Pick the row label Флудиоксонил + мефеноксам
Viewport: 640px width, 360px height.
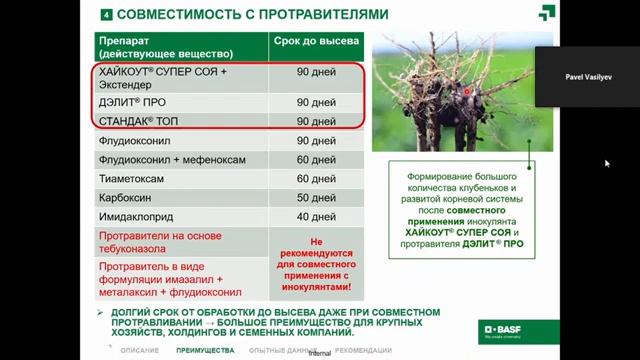point(160,160)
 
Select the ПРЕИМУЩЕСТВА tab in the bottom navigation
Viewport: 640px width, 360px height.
point(204,351)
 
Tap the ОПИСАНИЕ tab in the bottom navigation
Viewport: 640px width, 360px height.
point(139,351)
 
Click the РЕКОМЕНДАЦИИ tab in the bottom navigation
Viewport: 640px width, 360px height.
point(364,351)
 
